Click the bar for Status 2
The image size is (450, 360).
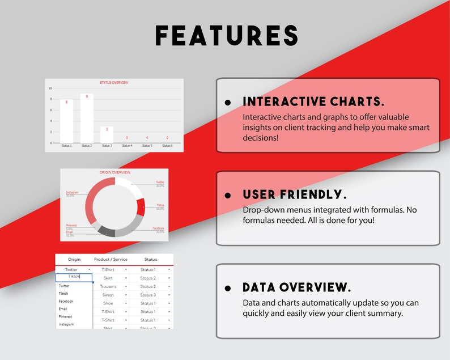click(x=87, y=119)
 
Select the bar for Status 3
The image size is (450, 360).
click(x=107, y=135)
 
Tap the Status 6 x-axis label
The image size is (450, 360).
click(x=167, y=146)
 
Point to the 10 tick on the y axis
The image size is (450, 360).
click(x=50, y=88)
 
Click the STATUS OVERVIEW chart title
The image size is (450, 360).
click(x=114, y=83)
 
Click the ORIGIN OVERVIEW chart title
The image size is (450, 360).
click(x=115, y=172)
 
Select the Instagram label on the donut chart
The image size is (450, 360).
click(x=72, y=193)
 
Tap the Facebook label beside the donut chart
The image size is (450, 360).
click(x=158, y=228)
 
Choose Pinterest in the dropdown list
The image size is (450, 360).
click(x=66, y=316)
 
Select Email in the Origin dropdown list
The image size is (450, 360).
click(x=63, y=309)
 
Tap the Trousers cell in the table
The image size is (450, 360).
click(x=108, y=286)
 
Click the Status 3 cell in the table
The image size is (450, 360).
click(x=147, y=295)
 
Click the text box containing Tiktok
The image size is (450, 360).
click(x=74, y=277)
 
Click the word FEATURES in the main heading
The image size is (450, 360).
click(x=227, y=36)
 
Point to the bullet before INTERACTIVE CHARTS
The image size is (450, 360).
click(x=228, y=103)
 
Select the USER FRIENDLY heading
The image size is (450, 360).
click(x=294, y=194)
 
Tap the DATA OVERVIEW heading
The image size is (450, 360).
click(x=296, y=287)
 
